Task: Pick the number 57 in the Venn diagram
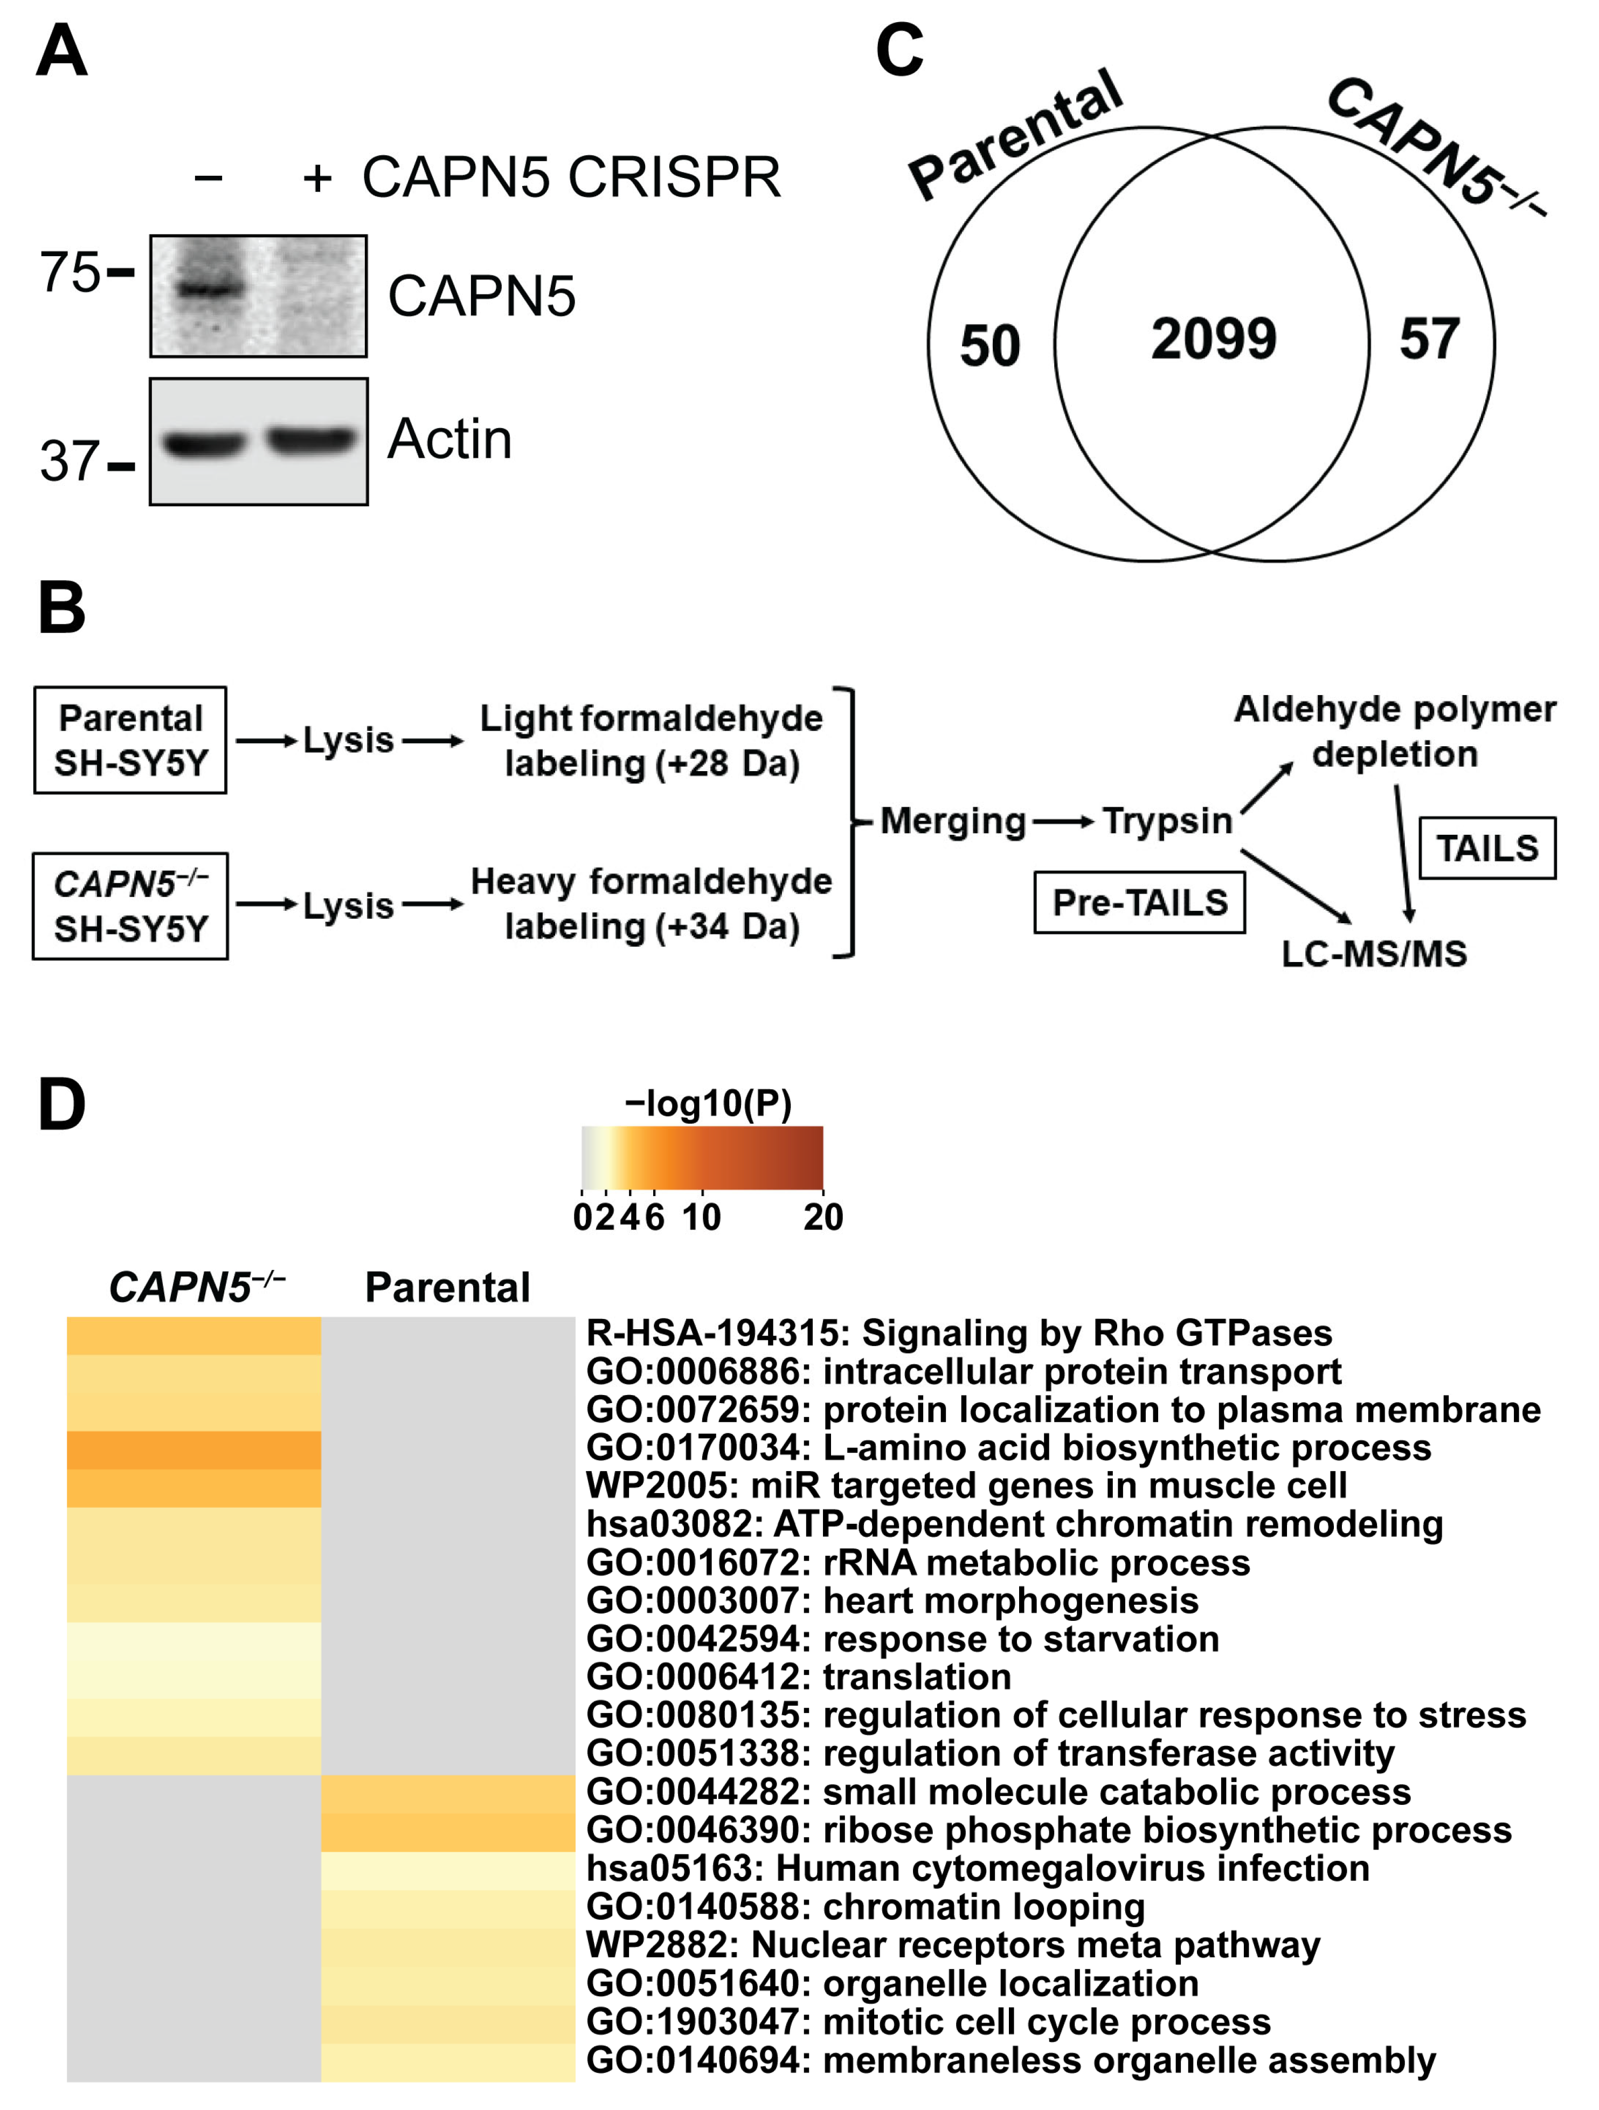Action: (1429, 340)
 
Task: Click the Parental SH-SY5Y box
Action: (130, 740)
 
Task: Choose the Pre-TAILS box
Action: (1139, 902)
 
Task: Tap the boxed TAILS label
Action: (1487, 848)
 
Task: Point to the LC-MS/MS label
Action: (1374, 954)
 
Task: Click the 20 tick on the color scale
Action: (823, 1217)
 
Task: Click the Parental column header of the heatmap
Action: (447, 1288)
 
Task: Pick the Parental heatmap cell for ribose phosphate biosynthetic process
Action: (448, 1831)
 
